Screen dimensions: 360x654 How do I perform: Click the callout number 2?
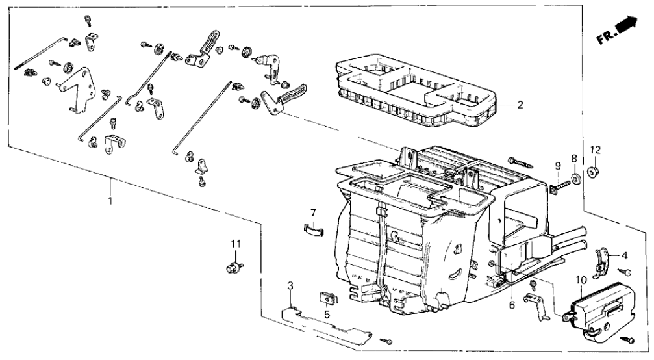coord(520,105)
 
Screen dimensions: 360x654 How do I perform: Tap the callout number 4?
coord(624,255)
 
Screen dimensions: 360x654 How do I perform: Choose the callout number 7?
coord(312,212)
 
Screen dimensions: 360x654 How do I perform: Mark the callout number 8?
coord(573,157)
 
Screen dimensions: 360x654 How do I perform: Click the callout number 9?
coord(558,166)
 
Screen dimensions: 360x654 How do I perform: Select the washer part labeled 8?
coord(575,178)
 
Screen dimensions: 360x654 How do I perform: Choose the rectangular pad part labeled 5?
coord(327,298)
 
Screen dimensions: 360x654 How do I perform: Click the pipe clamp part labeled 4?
coord(605,259)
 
